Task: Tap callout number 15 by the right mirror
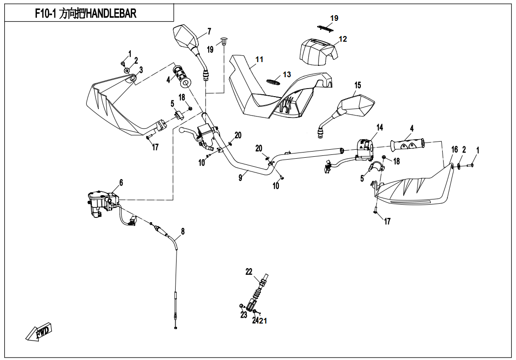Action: (x=357, y=85)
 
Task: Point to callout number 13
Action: (x=287, y=75)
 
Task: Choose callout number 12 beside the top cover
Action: (x=343, y=39)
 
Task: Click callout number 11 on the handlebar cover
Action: (x=259, y=60)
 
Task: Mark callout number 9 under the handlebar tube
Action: (x=240, y=177)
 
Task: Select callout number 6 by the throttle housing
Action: (x=121, y=182)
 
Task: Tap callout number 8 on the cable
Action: (x=183, y=231)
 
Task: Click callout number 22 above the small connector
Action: (x=249, y=271)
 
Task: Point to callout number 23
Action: (x=244, y=315)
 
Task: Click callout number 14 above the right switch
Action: (x=380, y=127)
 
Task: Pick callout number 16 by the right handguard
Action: (x=454, y=150)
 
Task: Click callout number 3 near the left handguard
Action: (x=141, y=69)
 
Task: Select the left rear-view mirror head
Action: (x=187, y=36)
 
